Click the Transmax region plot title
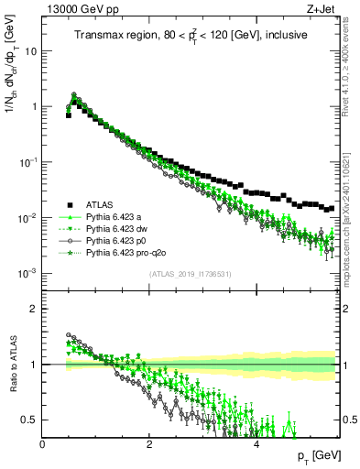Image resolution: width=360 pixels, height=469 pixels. (x=191, y=35)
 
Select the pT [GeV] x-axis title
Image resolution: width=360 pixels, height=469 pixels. (x=320, y=455)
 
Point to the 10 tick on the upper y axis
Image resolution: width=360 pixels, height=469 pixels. (x=32, y=51)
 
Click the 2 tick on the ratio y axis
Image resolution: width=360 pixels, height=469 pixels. (x=36, y=309)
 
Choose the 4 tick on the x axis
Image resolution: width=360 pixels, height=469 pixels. (x=256, y=442)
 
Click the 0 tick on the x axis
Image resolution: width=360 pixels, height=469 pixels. (x=43, y=442)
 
